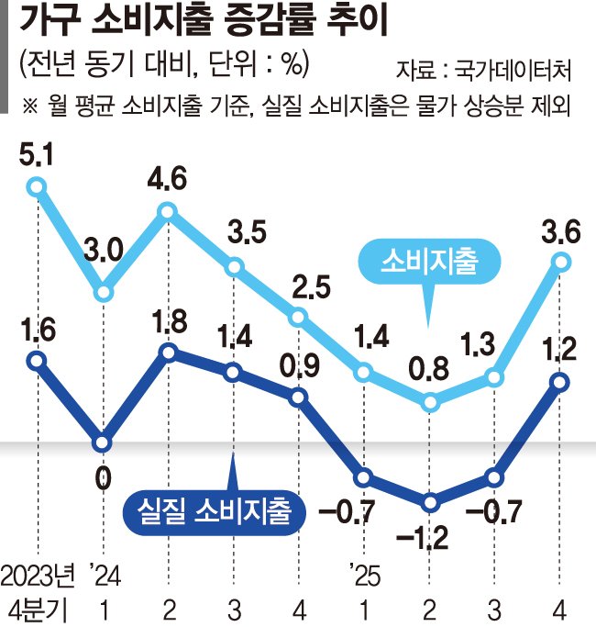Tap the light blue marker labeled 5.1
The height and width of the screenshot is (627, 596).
click(37, 187)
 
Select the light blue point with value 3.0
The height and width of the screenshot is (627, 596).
click(104, 293)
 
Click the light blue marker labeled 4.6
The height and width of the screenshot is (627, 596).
click(168, 212)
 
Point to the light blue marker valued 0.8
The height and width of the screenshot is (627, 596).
click(430, 400)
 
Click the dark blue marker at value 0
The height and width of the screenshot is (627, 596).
click(103, 442)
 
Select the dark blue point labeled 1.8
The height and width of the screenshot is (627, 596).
click(168, 352)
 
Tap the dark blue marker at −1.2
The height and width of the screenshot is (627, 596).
click(430, 502)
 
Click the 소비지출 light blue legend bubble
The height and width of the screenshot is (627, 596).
click(431, 262)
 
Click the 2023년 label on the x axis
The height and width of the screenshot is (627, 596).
click(36, 577)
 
